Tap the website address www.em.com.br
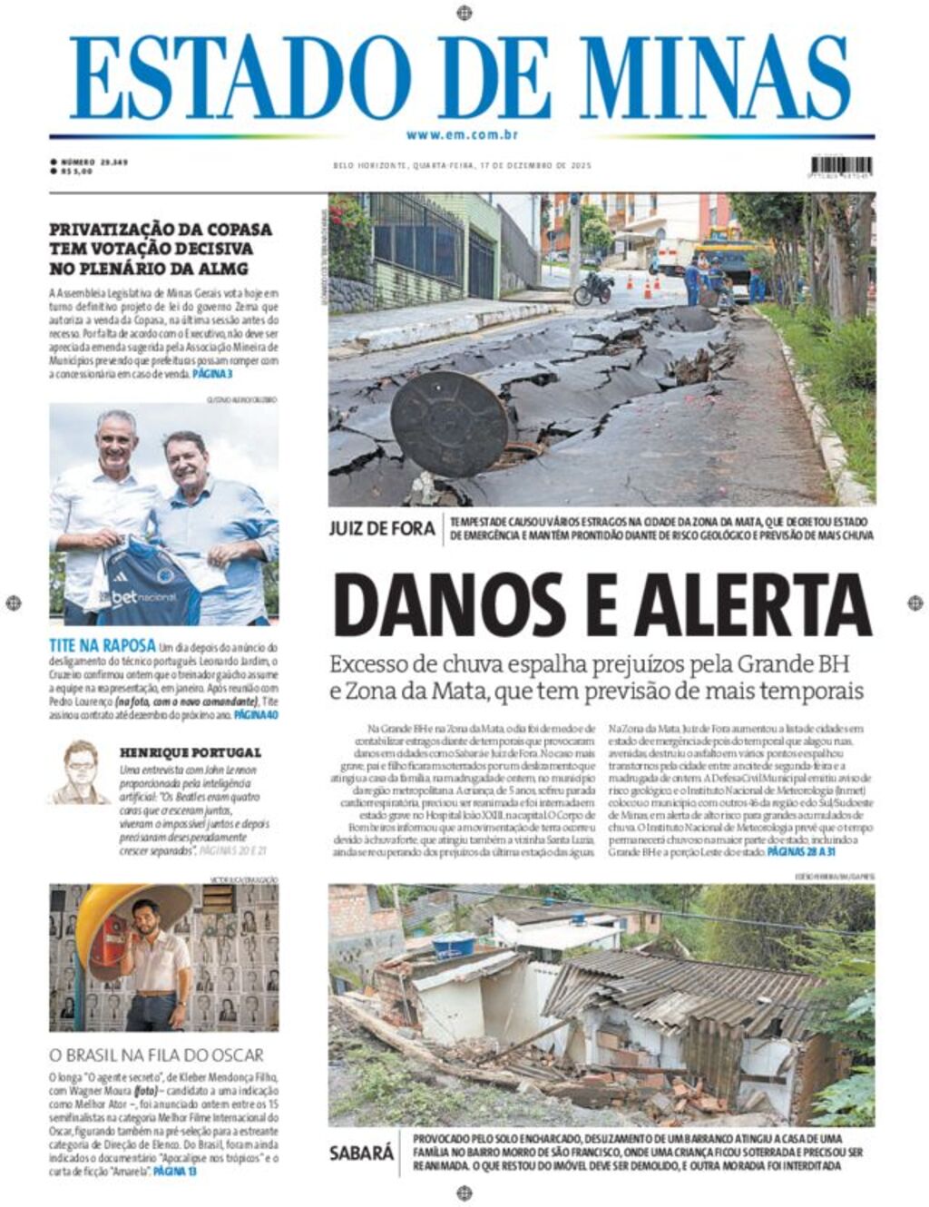463,135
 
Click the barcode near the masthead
841,166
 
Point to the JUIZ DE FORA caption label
382,528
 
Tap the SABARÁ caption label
362,1153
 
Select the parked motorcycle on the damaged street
594,289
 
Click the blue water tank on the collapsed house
453,946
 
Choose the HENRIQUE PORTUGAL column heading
190,752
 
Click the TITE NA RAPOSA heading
103,646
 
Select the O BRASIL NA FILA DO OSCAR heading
156,1055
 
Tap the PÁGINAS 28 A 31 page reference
801,853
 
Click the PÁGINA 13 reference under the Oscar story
174,1172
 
